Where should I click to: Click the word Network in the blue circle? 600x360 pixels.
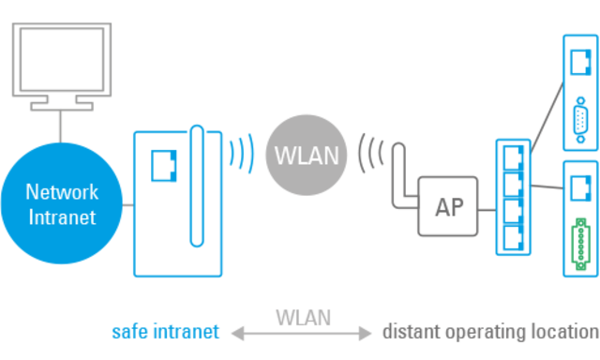click(x=62, y=192)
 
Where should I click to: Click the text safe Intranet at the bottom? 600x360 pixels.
click(x=165, y=332)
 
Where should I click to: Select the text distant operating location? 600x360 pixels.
click(x=489, y=332)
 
